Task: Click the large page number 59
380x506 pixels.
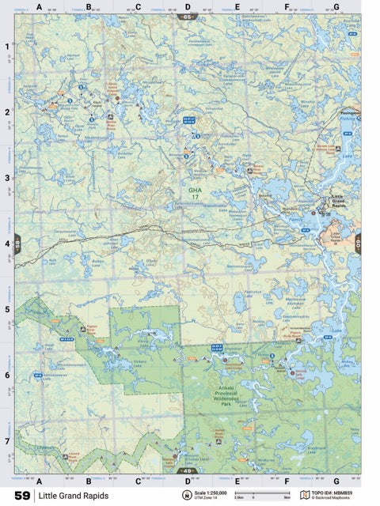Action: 21,496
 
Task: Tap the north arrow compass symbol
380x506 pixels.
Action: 186,496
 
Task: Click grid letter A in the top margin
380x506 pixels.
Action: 39,7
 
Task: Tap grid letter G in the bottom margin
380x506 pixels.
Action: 336,480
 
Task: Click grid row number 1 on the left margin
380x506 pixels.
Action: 7,47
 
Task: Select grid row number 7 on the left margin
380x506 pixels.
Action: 7,441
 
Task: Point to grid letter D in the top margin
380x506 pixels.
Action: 188,7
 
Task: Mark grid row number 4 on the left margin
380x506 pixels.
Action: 7,244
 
